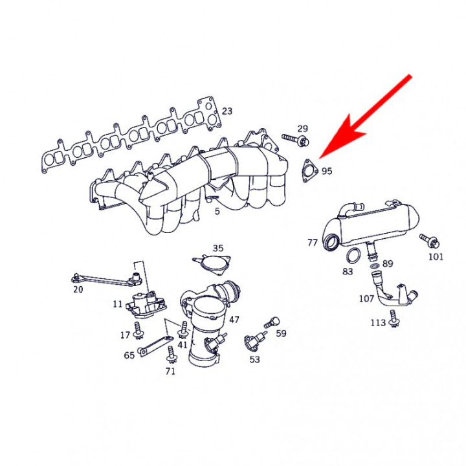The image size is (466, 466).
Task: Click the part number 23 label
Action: [227, 111]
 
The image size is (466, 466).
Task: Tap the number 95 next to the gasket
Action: [327, 172]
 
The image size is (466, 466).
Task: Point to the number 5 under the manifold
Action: [217, 211]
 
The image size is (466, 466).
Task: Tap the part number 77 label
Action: [313, 243]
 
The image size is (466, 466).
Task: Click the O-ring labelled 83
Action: [354, 255]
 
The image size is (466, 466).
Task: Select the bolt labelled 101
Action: [430, 241]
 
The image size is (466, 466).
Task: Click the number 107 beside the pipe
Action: [366, 299]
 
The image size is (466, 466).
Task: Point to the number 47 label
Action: [234, 320]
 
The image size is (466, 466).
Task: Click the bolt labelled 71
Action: [171, 355]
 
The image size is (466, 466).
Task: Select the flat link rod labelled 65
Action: [154, 344]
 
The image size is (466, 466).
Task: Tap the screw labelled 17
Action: [137, 327]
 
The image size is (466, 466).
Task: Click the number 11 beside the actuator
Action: [116, 304]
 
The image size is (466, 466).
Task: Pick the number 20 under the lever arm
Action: [78, 290]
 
